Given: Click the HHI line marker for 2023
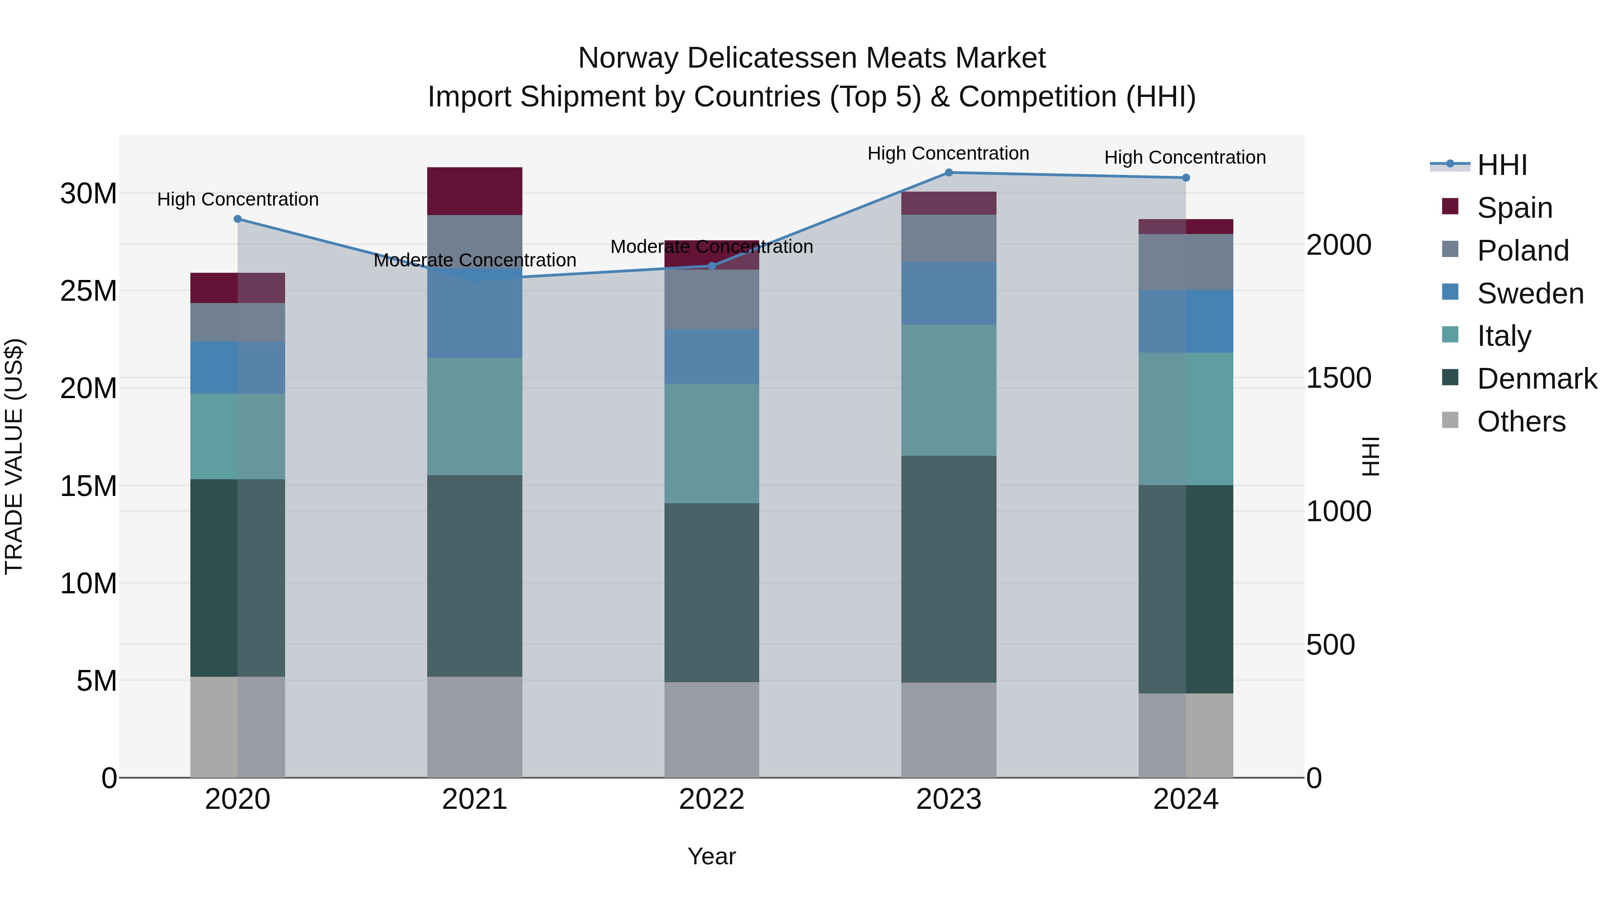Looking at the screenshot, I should [948, 172].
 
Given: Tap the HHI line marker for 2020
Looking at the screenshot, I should [238, 219].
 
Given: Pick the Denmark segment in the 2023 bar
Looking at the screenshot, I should [948, 569].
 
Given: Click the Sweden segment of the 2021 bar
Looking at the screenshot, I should [474, 315].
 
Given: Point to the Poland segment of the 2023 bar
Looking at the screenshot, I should [948, 238].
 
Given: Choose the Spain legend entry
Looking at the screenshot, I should [1514, 207].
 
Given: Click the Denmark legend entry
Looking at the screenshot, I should [1536, 379].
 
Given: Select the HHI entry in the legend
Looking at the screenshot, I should [1502, 165].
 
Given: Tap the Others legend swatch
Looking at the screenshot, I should [1450, 420].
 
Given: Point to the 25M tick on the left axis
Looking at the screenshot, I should [88, 291].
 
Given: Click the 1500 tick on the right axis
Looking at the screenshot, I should [1338, 378].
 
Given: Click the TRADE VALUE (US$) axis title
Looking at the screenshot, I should [14, 456].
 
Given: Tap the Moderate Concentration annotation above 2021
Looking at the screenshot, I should [474, 260].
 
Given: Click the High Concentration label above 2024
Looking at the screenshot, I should [1185, 157].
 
